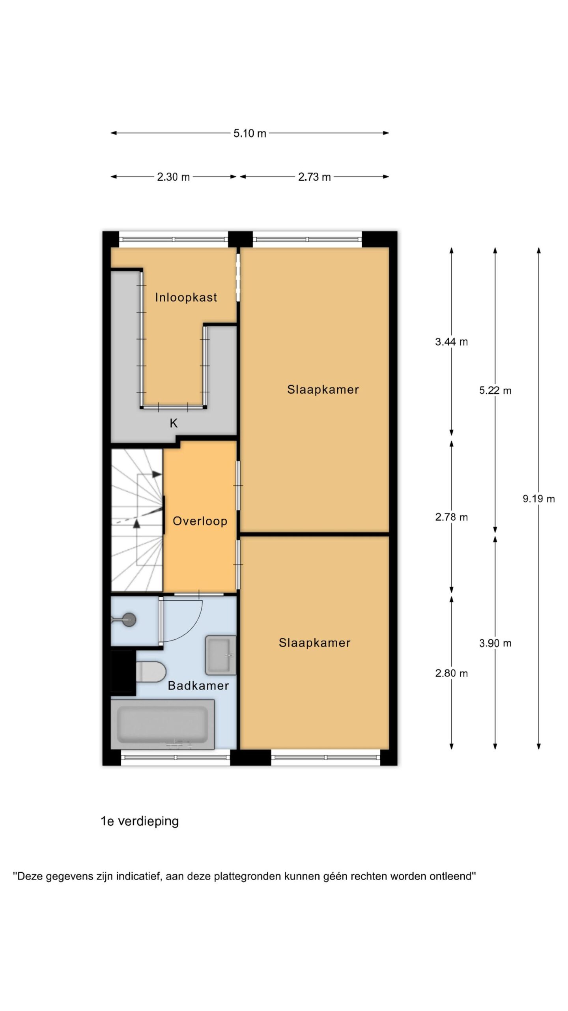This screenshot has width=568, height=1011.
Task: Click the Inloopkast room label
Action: click(x=186, y=297)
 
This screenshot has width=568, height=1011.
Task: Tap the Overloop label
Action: click(x=200, y=521)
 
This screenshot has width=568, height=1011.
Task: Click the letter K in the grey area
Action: click(x=174, y=423)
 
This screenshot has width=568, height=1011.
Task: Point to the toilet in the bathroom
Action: click(x=151, y=672)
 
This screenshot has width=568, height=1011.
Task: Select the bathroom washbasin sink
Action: click(x=220, y=655)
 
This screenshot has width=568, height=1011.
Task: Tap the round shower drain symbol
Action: click(x=129, y=620)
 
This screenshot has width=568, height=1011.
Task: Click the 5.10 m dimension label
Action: click(x=250, y=133)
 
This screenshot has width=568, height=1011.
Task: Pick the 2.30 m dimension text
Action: click(x=174, y=177)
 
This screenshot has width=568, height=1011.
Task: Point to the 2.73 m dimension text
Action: click(x=314, y=177)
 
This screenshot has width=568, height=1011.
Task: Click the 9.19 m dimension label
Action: click(x=539, y=499)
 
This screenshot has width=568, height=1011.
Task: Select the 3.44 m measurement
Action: click(x=452, y=342)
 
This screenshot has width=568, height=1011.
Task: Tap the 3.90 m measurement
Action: click(x=495, y=643)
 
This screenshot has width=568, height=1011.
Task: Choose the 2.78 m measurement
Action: click(x=452, y=517)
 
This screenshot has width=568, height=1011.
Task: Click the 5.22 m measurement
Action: click(x=495, y=391)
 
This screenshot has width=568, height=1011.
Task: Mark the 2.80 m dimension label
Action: click(x=452, y=673)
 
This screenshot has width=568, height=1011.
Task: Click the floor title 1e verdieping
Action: click(x=140, y=821)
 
